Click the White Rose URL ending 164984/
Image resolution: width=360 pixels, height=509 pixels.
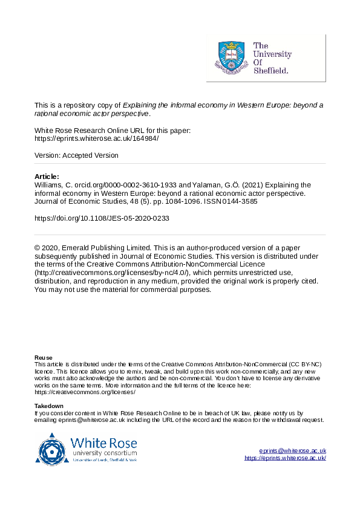(x=96, y=138)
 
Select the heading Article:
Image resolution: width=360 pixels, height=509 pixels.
(x=47, y=177)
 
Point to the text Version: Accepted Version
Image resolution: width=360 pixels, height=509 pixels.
(x=76, y=155)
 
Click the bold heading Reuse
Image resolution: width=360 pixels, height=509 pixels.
(x=43, y=357)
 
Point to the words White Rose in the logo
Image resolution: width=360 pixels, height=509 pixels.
(x=103, y=442)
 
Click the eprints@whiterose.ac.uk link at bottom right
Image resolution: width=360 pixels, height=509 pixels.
(x=293, y=451)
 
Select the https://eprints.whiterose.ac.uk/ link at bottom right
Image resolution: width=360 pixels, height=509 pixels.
(x=286, y=458)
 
